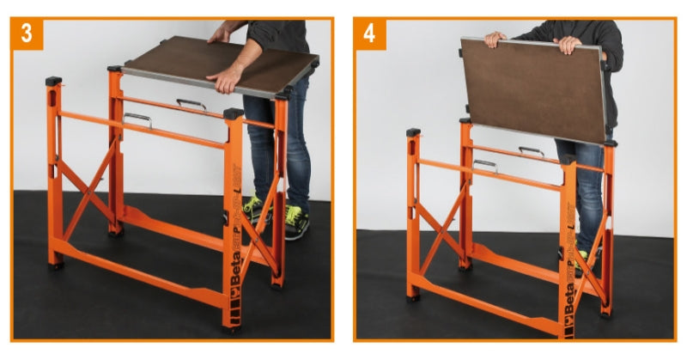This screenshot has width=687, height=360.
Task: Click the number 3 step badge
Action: coord(27,35)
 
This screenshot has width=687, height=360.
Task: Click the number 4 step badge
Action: coord(370,35)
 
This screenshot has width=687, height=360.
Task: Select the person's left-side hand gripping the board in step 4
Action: coord(494,40)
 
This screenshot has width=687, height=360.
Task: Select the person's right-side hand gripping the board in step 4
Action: coord(568,44)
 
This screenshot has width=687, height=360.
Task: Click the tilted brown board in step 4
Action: coord(532,86)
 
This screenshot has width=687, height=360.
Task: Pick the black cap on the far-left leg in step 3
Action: coord(54,81)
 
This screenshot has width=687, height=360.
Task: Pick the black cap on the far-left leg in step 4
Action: coord(414,132)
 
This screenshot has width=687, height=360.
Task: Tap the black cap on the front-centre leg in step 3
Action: coord(233,113)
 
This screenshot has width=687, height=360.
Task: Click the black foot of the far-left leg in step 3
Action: coord(57,265)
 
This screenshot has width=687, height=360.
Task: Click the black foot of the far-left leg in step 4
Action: coord(414,297)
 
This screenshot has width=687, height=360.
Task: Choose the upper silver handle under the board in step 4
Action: coord(532,151)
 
